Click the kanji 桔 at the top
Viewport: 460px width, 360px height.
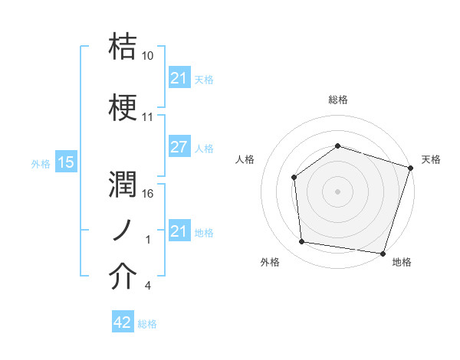pyautogui.click(x=123, y=47)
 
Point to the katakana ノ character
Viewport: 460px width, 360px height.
pyautogui.click(x=123, y=230)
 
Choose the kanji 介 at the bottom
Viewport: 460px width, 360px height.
pyautogui.click(x=123, y=277)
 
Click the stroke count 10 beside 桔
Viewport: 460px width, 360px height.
pyautogui.click(x=147, y=57)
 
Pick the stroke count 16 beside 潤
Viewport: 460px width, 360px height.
pyautogui.click(x=147, y=194)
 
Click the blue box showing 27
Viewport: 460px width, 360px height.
pyautogui.click(x=179, y=148)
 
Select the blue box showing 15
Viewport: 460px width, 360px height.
pyautogui.click(x=65, y=162)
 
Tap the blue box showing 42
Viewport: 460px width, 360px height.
pyautogui.click(x=123, y=323)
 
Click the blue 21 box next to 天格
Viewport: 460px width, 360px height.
pyautogui.click(x=179, y=77)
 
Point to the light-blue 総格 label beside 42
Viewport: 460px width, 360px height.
pyautogui.click(x=147, y=324)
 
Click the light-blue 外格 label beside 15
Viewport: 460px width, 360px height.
pyautogui.click(x=41, y=163)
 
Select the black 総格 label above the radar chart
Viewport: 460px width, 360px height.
pyautogui.click(x=337, y=100)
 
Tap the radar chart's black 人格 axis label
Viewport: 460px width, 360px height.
pyautogui.click(x=245, y=159)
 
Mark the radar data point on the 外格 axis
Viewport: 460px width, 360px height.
pyautogui.click(x=301, y=242)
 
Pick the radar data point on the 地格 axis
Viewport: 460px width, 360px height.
pyautogui.click(x=383, y=253)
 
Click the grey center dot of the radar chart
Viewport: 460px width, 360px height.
pyautogui.click(x=337, y=191)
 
